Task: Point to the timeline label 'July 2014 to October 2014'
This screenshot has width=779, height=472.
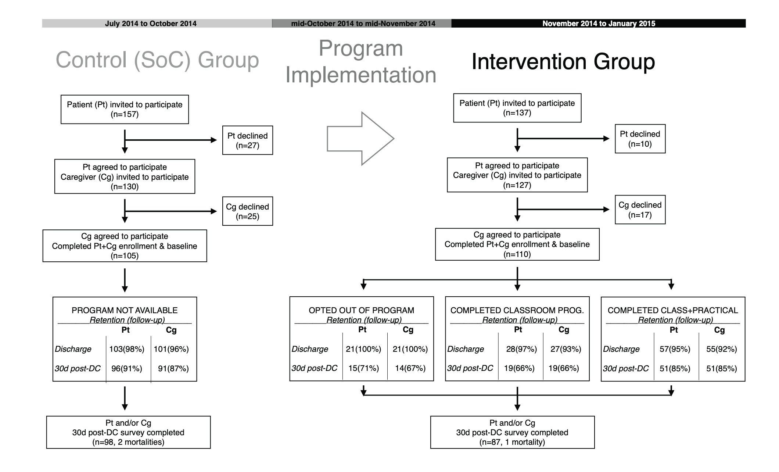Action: (x=151, y=24)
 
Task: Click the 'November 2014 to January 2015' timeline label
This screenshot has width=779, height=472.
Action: (x=599, y=24)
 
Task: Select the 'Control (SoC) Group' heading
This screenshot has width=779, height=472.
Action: (x=157, y=60)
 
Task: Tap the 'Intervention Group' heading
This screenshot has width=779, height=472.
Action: (x=563, y=61)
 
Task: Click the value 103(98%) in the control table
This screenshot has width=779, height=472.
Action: (x=127, y=349)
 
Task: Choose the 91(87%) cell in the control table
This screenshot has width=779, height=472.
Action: (x=173, y=368)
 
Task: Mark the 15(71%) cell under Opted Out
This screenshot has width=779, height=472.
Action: (x=364, y=368)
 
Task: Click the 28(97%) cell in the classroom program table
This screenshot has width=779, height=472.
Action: (x=521, y=349)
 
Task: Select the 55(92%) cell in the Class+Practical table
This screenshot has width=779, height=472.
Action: (x=722, y=349)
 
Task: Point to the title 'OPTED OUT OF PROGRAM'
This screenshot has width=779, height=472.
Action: (x=362, y=310)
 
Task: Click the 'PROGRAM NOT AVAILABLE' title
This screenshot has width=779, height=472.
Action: (x=125, y=310)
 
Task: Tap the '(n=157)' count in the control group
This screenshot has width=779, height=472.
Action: (x=125, y=114)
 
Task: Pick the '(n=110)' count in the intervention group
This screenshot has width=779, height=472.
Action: (x=517, y=254)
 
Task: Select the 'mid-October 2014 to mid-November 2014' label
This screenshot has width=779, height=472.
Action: (x=363, y=24)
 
